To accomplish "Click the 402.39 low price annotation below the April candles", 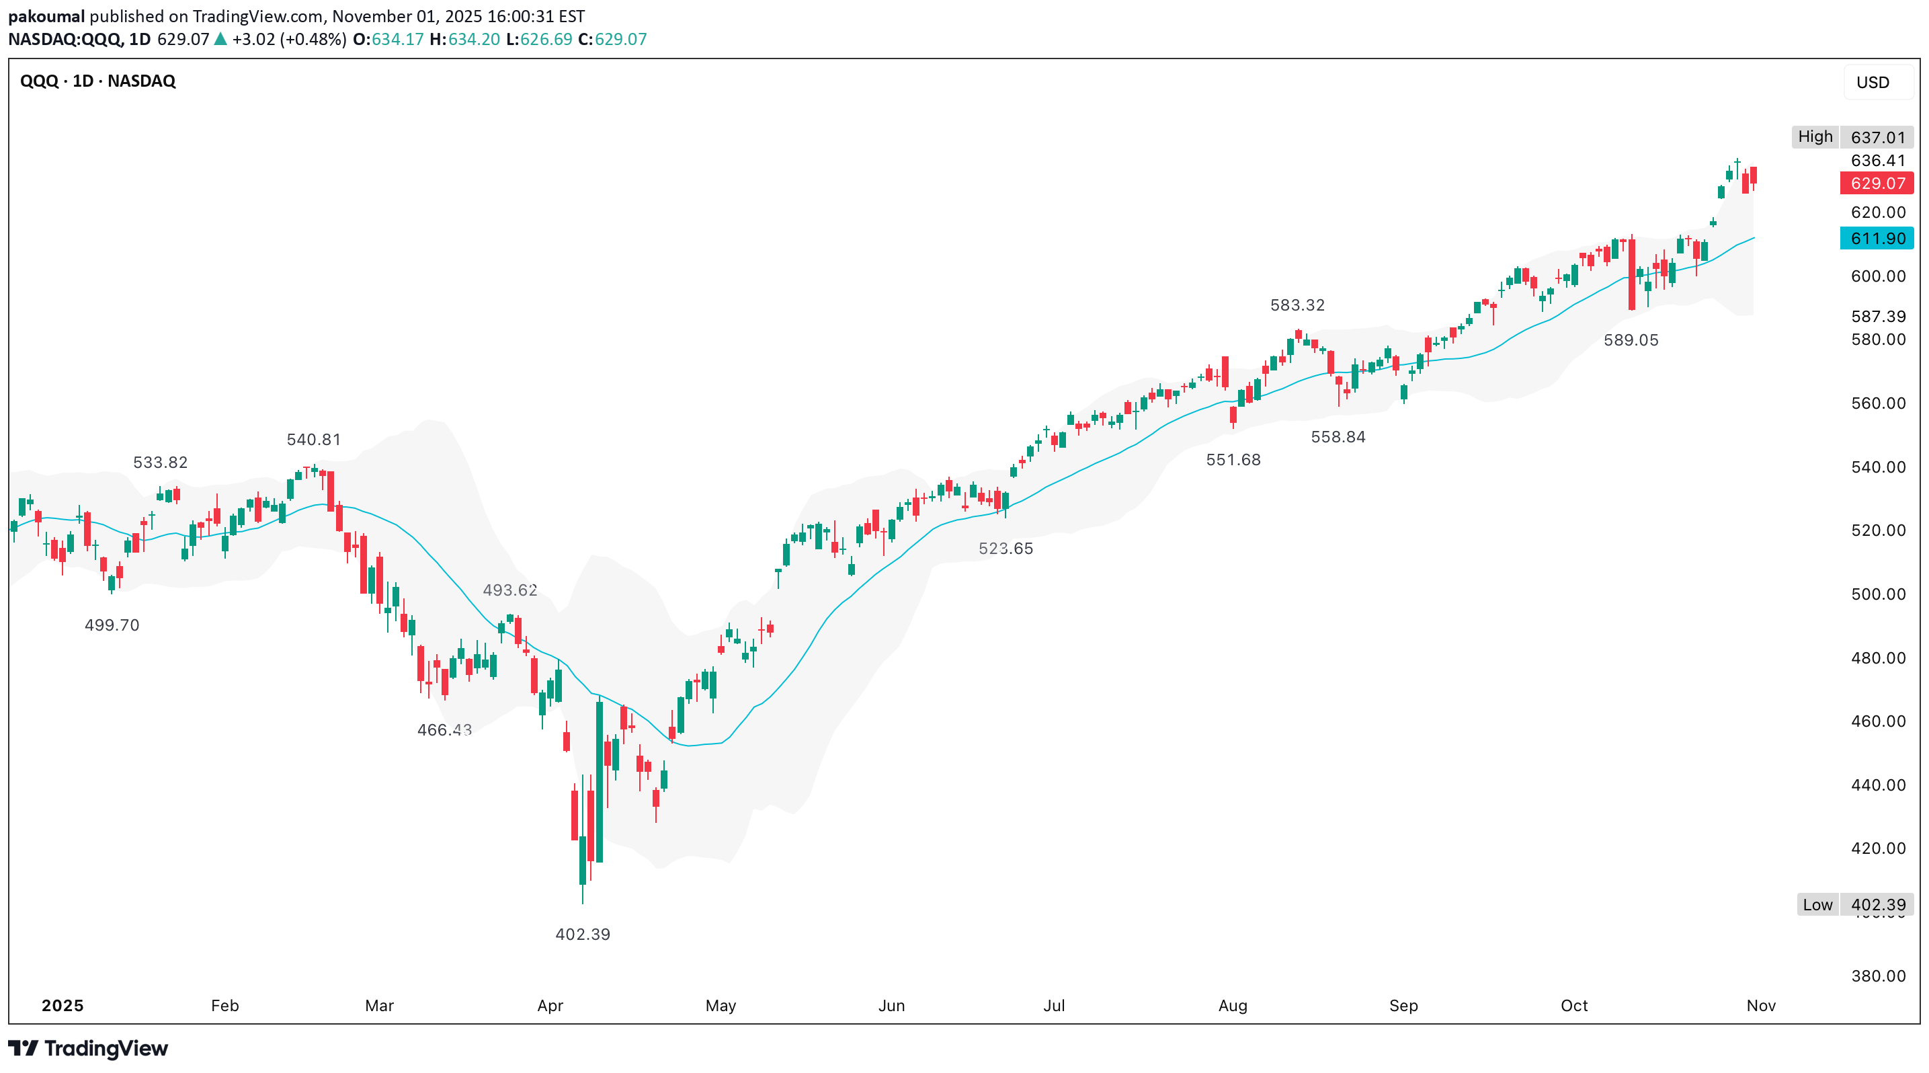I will [583, 934].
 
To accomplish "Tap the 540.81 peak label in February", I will [314, 440].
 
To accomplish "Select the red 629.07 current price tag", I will [1877, 184].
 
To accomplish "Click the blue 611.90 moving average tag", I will [1877, 239].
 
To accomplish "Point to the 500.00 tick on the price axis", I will [1878, 594].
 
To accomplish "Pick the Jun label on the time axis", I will [891, 1006].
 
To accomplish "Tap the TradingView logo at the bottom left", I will [88, 1048].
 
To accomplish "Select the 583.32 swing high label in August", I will [1297, 305].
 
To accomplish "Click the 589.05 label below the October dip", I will [1631, 340].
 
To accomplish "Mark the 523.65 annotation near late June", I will [1005, 548].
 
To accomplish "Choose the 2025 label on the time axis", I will [62, 1006].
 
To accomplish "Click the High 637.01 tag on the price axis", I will [1877, 137].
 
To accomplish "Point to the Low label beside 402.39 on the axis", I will [1817, 904].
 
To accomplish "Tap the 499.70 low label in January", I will [112, 625].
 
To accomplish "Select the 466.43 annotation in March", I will [444, 729].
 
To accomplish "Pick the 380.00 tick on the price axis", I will [1878, 976].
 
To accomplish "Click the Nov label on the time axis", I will [1760, 1006].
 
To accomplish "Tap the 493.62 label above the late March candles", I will [510, 590].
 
